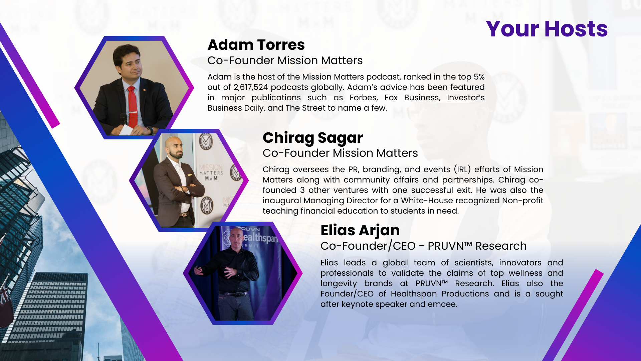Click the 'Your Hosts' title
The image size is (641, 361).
click(547, 29)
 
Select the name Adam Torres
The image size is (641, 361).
click(256, 45)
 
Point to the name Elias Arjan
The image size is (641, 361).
click(360, 231)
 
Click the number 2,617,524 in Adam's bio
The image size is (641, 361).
click(251, 87)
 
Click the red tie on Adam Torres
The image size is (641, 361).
click(133, 107)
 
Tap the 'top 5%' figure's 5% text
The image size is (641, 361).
click(479, 77)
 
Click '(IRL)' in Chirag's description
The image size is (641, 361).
click(462, 169)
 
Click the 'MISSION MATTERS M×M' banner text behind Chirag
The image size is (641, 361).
click(211, 172)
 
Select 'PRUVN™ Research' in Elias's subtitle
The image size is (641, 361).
click(477, 246)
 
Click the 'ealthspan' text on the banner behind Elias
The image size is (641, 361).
click(260, 238)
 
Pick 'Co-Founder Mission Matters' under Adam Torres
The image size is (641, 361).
click(285, 61)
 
